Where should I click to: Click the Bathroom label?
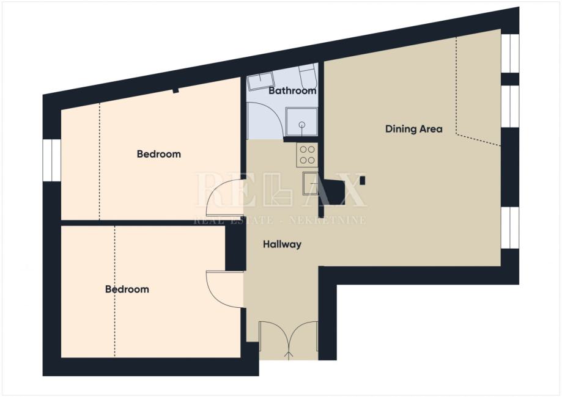(x=292, y=90)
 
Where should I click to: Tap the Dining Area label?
(x=413, y=129)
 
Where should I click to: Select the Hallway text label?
(x=282, y=244)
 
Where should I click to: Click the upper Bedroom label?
(x=159, y=155)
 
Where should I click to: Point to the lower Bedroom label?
(x=127, y=290)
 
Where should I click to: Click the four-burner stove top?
(x=307, y=155)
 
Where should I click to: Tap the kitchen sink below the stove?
(x=311, y=183)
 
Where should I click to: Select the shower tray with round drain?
(x=301, y=122)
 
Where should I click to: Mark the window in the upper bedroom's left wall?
(x=52, y=160)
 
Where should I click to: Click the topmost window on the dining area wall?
(x=509, y=53)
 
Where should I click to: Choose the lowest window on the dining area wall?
(x=509, y=227)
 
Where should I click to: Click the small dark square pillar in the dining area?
(x=363, y=180)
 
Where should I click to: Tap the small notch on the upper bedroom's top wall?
(x=176, y=90)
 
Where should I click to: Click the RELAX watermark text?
(x=280, y=190)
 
